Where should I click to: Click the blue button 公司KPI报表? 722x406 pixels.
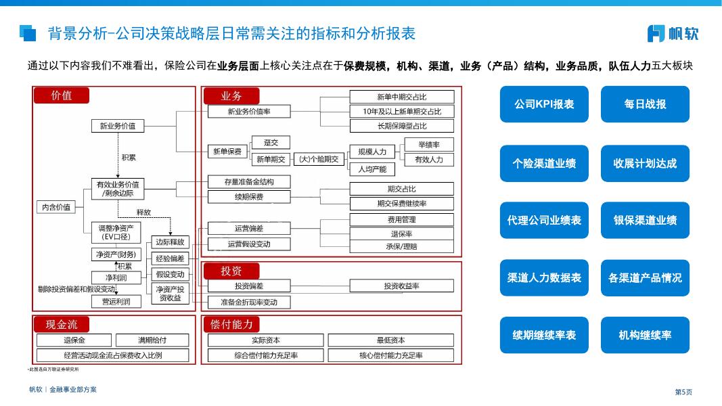click(x=543, y=104)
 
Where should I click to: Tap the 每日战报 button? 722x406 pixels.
click(x=645, y=104)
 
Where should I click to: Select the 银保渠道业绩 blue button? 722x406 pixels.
click(x=645, y=221)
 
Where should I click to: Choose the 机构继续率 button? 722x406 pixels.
click(x=645, y=335)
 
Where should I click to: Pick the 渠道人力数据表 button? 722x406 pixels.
click(x=543, y=278)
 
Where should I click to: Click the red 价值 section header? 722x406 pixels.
click(x=62, y=95)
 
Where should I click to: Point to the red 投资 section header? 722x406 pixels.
click(x=231, y=271)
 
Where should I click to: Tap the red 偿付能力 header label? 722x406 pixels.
click(x=231, y=325)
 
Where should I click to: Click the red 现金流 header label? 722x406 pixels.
click(x=62, y=325)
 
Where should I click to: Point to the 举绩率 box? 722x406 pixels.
click(x=428, y=145)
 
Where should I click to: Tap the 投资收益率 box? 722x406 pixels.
click(x=401, y=286)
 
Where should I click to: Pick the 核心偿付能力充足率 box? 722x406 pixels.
click(x=390, y=355)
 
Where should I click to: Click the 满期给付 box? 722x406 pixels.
click(x=152, y=340)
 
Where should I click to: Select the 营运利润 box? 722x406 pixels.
click(x=116, y=301)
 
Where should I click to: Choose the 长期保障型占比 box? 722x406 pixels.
click(x=401, y=126)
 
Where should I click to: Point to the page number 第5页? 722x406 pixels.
click(x=683, y=392)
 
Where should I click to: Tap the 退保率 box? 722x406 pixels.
click(x=401, y=233)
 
